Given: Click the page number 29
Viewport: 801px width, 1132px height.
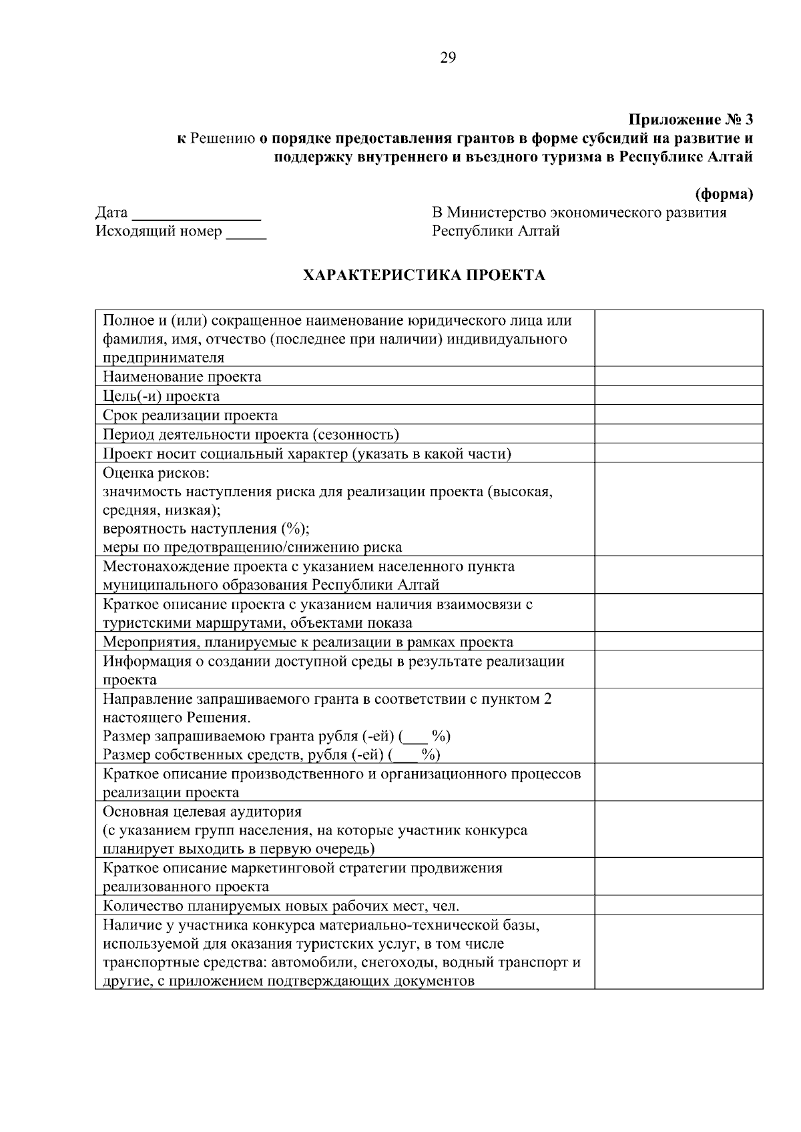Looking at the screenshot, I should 448,58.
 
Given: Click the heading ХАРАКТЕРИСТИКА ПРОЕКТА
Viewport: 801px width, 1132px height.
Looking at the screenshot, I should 424,275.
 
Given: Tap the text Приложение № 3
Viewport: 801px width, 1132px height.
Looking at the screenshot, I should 690,120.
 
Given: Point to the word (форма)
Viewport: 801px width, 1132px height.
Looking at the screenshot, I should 724,195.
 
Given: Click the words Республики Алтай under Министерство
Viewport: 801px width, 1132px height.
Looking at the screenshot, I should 495,231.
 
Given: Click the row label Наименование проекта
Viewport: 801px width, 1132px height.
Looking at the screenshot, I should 182,377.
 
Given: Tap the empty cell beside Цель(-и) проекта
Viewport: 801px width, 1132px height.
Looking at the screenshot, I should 678,396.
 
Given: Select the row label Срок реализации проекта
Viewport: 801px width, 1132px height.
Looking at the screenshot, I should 190,415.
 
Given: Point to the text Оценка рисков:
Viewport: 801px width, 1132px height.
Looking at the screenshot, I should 156,473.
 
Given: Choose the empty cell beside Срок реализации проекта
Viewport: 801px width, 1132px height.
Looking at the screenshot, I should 678,415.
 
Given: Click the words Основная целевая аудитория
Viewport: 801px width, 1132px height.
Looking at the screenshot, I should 202,812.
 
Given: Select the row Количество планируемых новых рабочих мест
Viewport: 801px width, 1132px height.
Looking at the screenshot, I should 281,906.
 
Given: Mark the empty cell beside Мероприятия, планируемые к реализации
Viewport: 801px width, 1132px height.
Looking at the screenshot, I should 678,642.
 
